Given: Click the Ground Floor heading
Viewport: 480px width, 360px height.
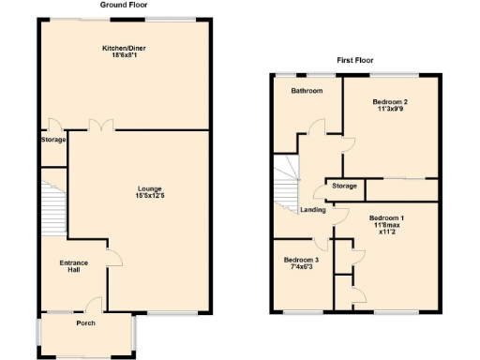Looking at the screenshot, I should [123, 5].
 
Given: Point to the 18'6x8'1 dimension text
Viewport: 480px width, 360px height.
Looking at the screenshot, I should [123, 54].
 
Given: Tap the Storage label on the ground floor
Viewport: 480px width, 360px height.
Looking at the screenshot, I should [53, 140].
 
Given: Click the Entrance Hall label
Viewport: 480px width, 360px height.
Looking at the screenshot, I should [74, 265].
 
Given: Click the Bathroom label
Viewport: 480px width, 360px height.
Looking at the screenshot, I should [307, 91].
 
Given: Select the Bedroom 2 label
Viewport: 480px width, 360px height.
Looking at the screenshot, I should [390, 101].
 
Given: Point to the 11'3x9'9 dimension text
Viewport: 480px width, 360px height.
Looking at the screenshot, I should [390, 110].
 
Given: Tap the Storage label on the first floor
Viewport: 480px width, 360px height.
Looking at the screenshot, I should [344, 187].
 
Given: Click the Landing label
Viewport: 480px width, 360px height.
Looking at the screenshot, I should [312, 210].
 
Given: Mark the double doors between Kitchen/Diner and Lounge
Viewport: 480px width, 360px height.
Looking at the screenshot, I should [98, 126].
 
